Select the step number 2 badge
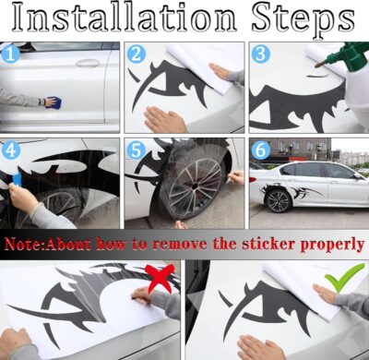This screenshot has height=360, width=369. [x=137, y=54]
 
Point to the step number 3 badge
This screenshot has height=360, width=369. [x=261, y=54]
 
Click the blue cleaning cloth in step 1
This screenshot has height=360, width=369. [x=52, y=102]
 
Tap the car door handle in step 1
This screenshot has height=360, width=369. [x=89, y=63]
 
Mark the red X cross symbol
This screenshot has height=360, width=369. [x=159, y=274]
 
